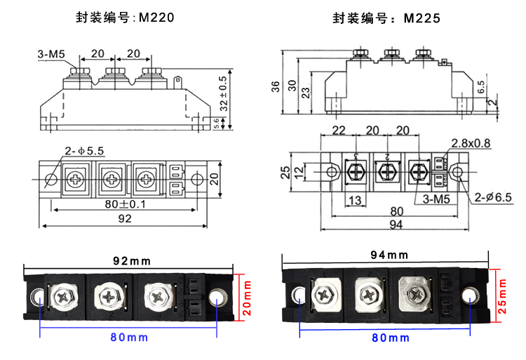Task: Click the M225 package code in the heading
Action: click(422, 19)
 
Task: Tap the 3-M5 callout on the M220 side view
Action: click(50, 53)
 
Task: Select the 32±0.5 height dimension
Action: click(224, 94)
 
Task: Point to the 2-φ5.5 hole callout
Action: click(84, 151)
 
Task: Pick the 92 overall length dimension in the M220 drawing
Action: click(125, 219)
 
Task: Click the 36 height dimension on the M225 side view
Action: click(275, 86)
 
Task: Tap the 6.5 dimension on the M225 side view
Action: click(480, 88)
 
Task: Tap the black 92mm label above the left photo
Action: click(132, 261)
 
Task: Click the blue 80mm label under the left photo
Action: click(129, 337)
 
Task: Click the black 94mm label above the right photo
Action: click(389, 254)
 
